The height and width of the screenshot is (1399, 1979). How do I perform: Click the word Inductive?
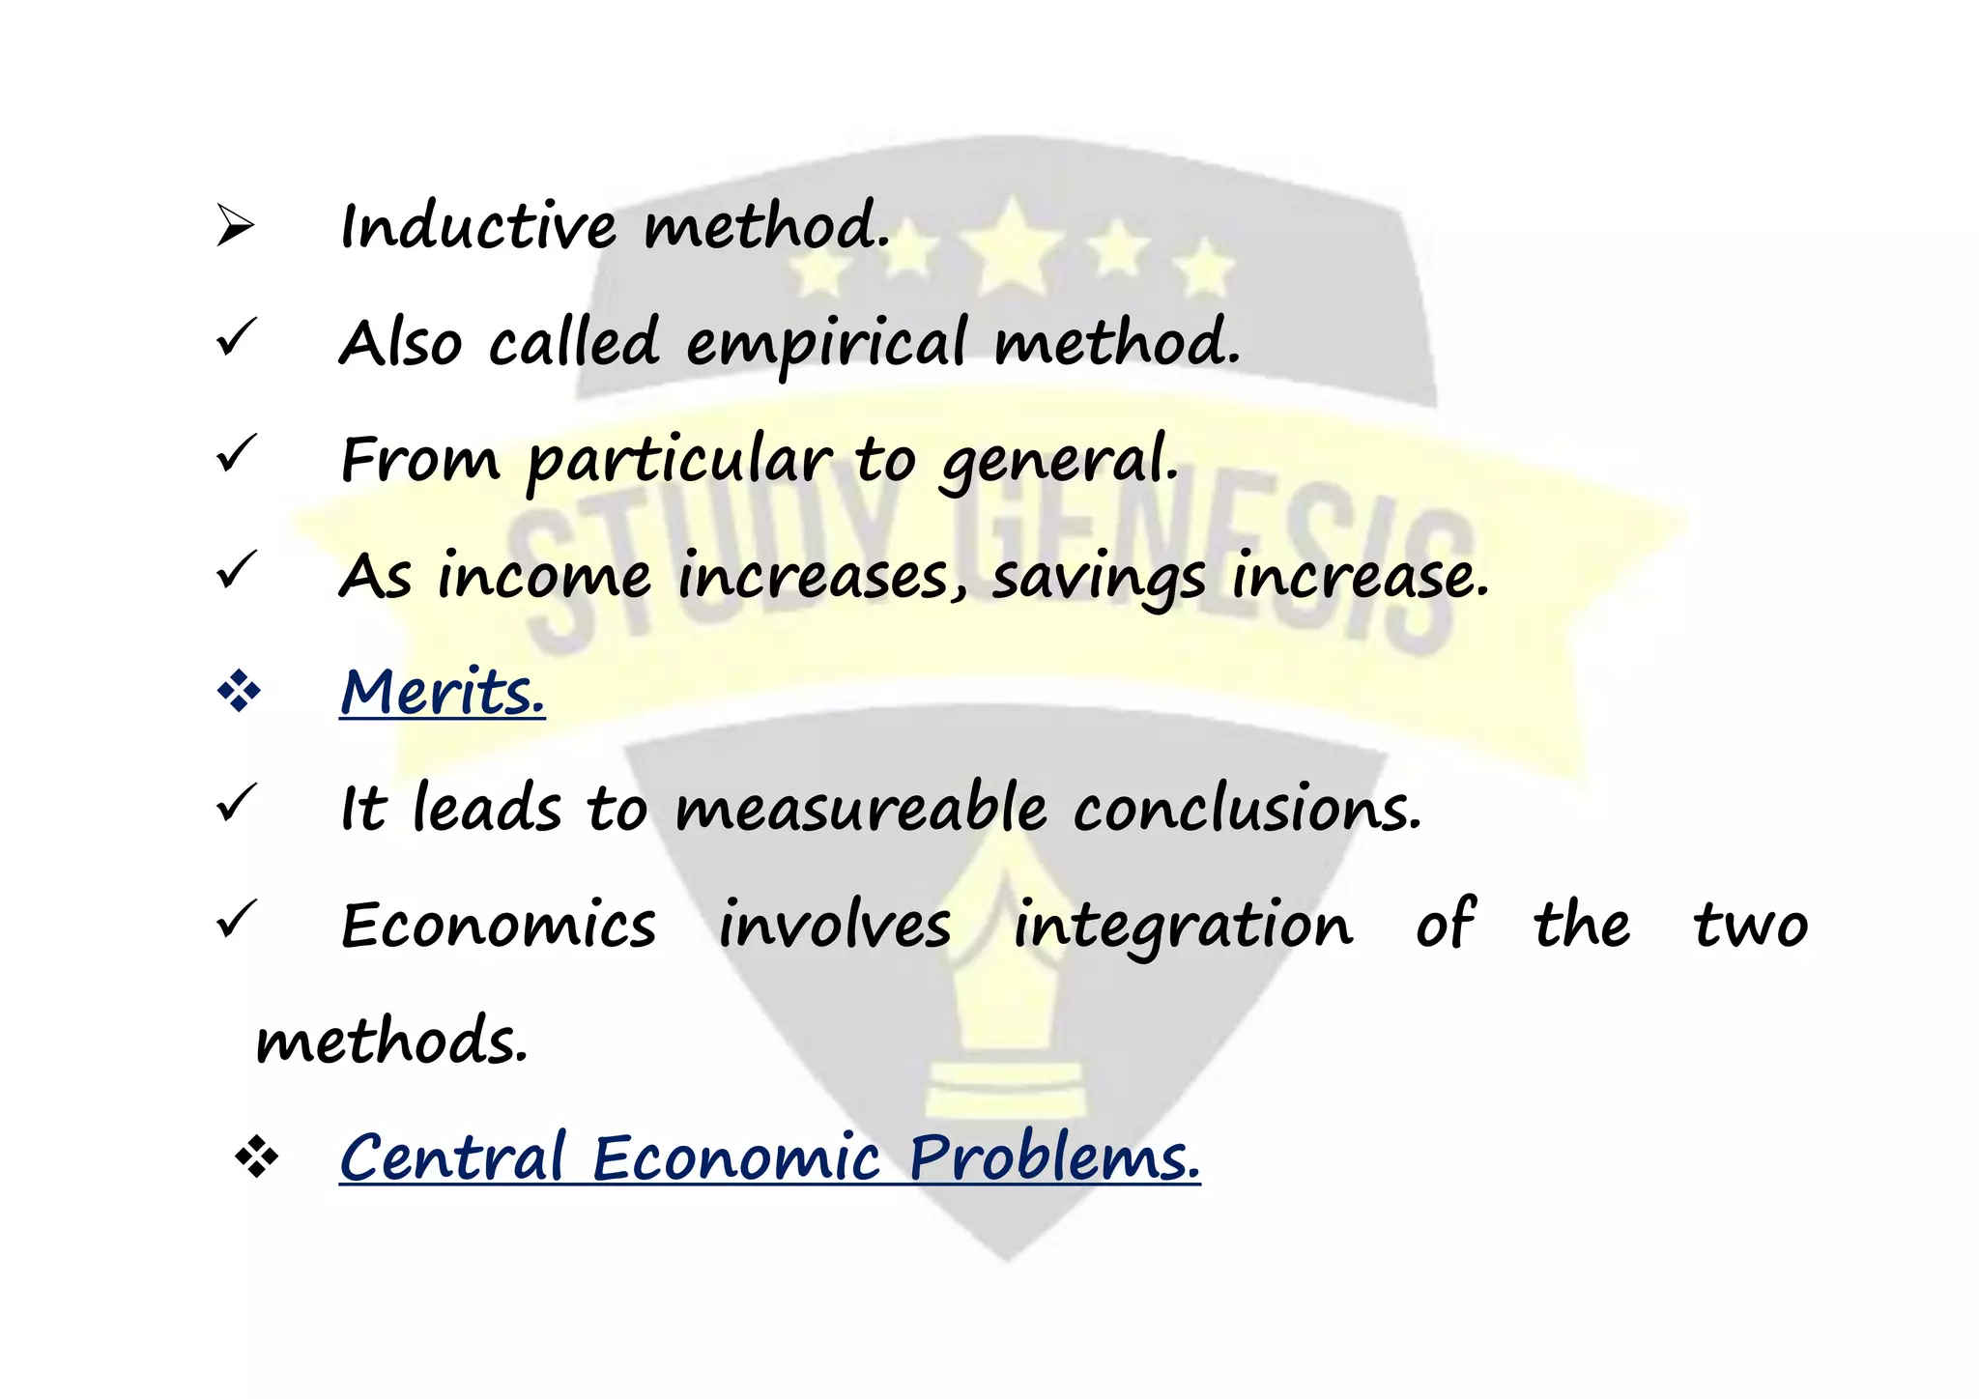[x=478, y=227]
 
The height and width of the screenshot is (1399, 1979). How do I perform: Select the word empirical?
[x=825, y=345]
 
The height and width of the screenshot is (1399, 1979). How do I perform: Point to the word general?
[x=1059, y=462]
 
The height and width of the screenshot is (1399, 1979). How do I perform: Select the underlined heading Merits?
[x=443, y=692]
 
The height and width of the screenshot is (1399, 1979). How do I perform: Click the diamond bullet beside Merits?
[x=239, y=692]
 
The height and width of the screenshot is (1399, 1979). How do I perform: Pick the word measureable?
[x=860, y=809]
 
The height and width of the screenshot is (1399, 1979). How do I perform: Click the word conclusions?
[x=1248, y=809]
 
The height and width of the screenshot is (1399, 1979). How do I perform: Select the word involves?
[x=835, y=925]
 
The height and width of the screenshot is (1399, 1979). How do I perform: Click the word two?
[x=1750, y=925]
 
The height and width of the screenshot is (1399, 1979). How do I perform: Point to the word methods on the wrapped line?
[x=391, y=1042]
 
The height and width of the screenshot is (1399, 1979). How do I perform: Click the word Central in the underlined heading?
[x=452, y=1157]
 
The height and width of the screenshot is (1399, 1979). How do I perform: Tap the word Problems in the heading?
[x=1054, y=1157]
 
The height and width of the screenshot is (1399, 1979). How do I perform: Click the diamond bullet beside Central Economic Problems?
[x=256, y=1156]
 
